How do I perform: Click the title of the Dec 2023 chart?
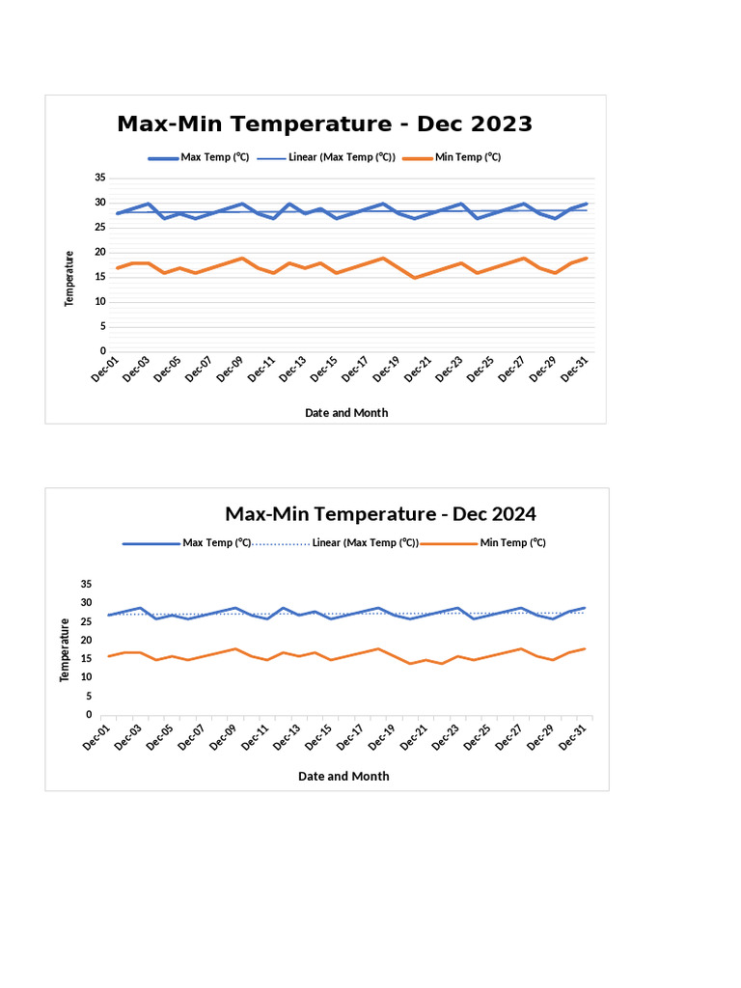point(324,124)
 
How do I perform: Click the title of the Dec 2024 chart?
point(380,513)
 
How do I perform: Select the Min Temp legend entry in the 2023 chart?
point(467,157)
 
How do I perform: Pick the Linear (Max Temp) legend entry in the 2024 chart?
point(365,543)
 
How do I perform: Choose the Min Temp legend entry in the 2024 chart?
point(512,543)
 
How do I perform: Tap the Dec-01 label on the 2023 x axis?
point(105,369)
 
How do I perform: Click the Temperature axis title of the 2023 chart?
point(69,279)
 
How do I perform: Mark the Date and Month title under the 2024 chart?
point(343,776)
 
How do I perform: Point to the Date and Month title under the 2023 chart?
point(346,412)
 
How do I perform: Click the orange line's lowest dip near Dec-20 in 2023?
point(415,278)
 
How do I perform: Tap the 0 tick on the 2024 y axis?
point(87,715)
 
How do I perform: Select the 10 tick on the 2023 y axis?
point(100,301)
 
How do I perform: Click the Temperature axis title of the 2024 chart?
point(64,650)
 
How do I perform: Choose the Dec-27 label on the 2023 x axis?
point(511,369)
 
